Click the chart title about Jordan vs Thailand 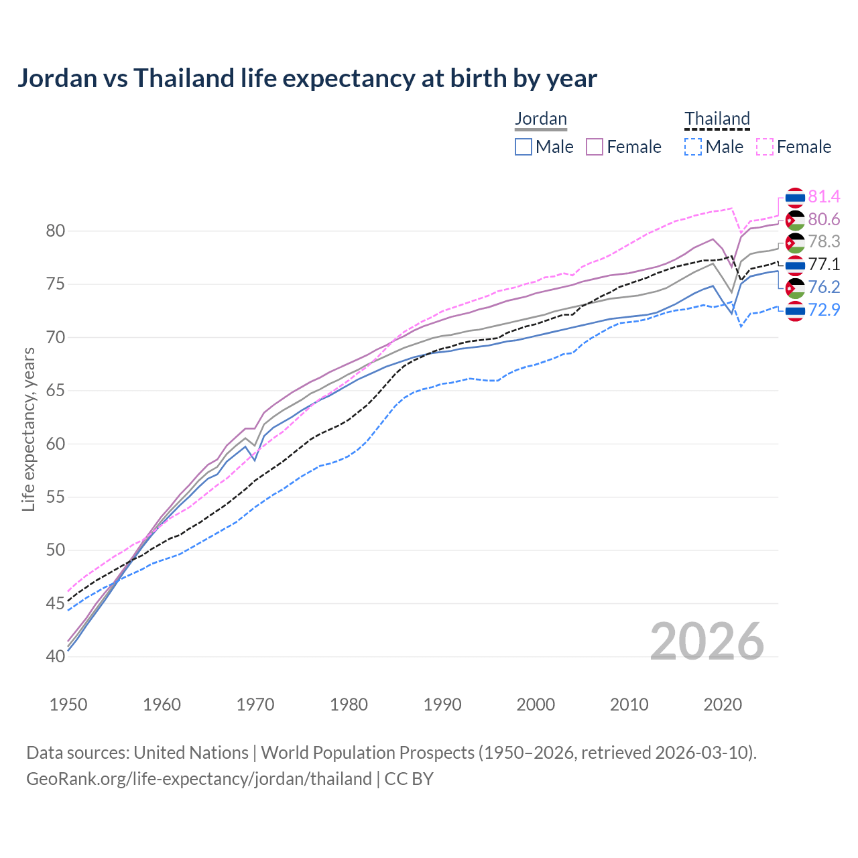307,78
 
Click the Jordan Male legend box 524,147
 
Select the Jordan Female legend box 595,147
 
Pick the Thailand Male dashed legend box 693,147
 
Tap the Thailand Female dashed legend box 765,147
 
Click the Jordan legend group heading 541,119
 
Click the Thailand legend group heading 717,119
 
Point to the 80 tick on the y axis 55,231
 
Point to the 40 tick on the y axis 55,657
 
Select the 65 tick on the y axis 55,391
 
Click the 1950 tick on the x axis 68,704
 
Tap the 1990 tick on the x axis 442,704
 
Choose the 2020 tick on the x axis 723,704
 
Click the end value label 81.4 824,196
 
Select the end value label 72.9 824,310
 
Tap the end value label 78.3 824,241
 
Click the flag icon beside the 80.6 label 795,220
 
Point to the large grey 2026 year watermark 707,641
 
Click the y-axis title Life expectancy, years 28,429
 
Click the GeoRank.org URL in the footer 198,779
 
